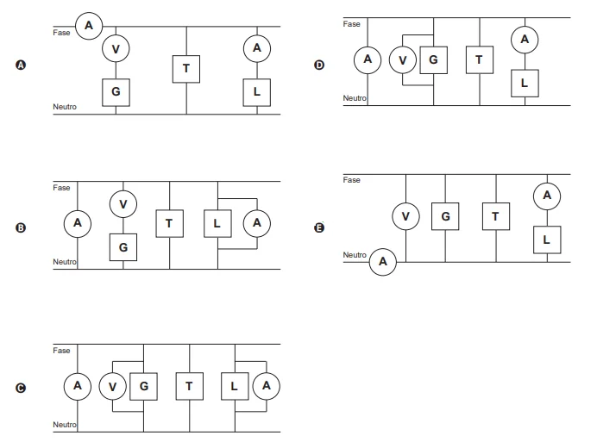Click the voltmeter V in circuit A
coord(116,49)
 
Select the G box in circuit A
coord(116,92)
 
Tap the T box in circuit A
coord(186,69)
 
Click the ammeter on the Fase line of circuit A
coord(89,26)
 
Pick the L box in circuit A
coord(257,92)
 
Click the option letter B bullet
coord(21,227)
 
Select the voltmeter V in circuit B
coord(123,204)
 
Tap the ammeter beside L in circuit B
coord(257,223)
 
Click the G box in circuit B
coord(123,247)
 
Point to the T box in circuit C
coord(189,386)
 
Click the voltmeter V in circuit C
coord(113,386)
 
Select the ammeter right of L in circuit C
coord(266,386)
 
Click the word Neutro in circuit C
coord(65,425)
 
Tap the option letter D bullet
coord(319,65)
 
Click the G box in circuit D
coord(434,60)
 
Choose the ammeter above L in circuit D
coord(525,40)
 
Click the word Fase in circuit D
coord(351,24)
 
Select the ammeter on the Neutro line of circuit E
coord(383,262)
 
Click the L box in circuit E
coord(547,240)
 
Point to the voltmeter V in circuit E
coord(405,216)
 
